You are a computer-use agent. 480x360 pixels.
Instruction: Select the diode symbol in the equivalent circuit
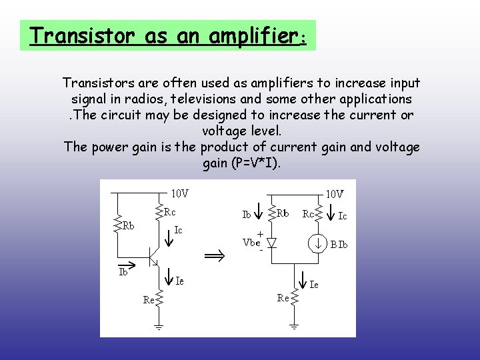271,243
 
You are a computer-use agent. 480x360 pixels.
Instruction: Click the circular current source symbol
319,243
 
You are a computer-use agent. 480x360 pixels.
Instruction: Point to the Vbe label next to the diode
252,243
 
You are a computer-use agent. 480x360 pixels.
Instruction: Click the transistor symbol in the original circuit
154,257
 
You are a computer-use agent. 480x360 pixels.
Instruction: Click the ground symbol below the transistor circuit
160,327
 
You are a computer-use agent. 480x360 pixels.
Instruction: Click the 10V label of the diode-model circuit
335,194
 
